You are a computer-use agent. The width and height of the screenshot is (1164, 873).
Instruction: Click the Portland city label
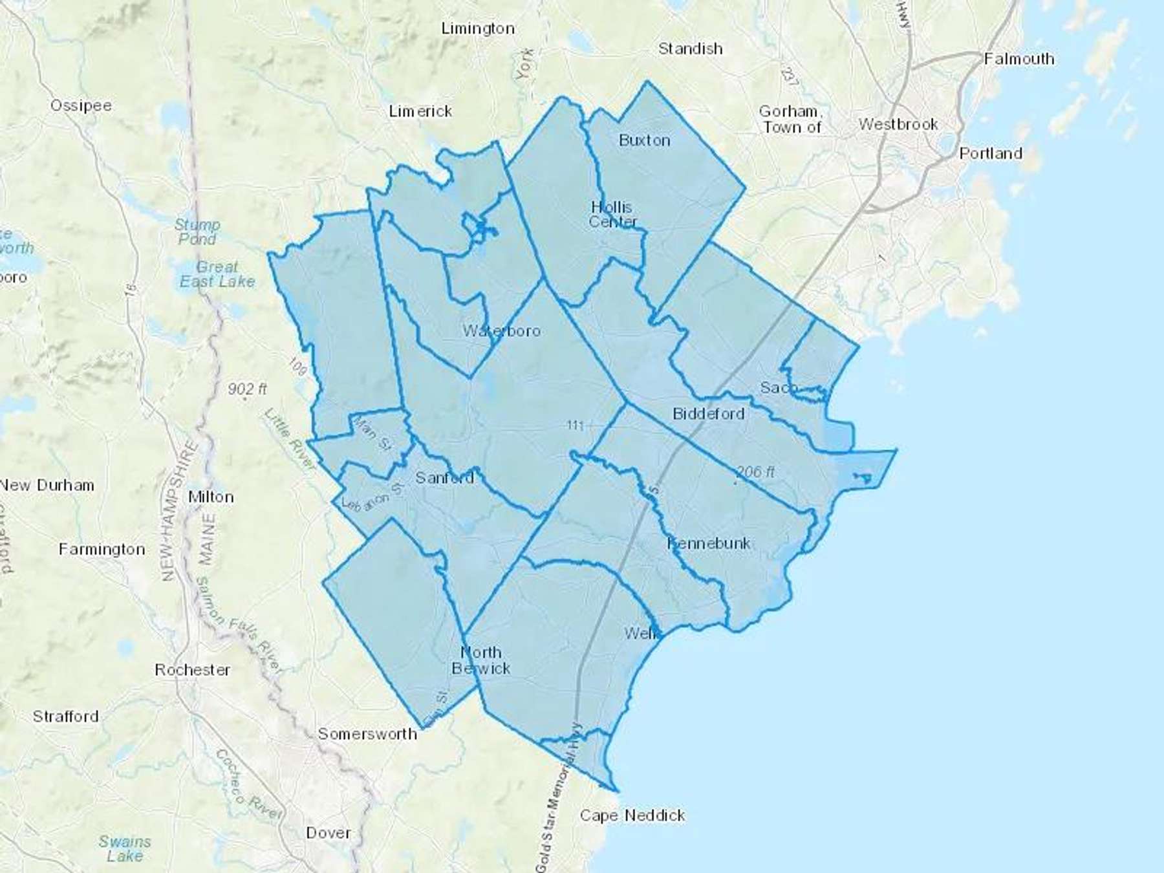click(x=990, y=153)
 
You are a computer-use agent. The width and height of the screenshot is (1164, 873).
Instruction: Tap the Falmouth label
click(x=1018, y=59)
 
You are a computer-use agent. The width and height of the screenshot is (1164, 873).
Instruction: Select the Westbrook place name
click(x=898, y=124)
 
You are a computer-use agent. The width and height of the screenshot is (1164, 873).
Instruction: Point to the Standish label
click(x=690, y=48)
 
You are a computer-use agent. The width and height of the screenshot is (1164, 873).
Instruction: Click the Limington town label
click(x=478, y=28)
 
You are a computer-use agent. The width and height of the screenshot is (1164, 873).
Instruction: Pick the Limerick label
click(x=420, y=111)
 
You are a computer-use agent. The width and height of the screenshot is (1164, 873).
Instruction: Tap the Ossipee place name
click(x=81, y=105)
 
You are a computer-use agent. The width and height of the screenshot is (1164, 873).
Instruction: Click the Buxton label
click(x=644, y=140)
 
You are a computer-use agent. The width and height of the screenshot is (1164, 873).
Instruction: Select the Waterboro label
click(x=501, y=331)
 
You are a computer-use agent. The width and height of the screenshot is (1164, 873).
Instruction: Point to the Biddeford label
click(x=708, y=414)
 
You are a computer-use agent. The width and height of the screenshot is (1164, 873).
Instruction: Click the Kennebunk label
click(x=709, y=543)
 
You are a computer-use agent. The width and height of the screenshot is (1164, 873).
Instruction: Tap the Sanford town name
click(x=444, y=478)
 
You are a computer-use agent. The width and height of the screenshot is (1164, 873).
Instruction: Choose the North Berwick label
click(x=480, y=660)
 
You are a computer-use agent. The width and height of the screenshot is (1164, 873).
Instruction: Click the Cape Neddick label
click(x=632, y=815)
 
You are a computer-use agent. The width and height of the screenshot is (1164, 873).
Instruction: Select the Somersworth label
click(x=367, y=734)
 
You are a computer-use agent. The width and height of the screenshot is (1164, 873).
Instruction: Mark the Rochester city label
click(x=192, y=670)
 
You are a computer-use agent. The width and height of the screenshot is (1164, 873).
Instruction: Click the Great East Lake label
click(x=217, y=274)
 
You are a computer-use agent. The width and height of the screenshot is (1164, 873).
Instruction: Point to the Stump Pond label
click(x=197, y=232)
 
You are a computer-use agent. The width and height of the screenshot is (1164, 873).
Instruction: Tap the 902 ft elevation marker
click(x=247, y=389)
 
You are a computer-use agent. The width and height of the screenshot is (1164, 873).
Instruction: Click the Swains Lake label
click(x=125, y=848)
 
